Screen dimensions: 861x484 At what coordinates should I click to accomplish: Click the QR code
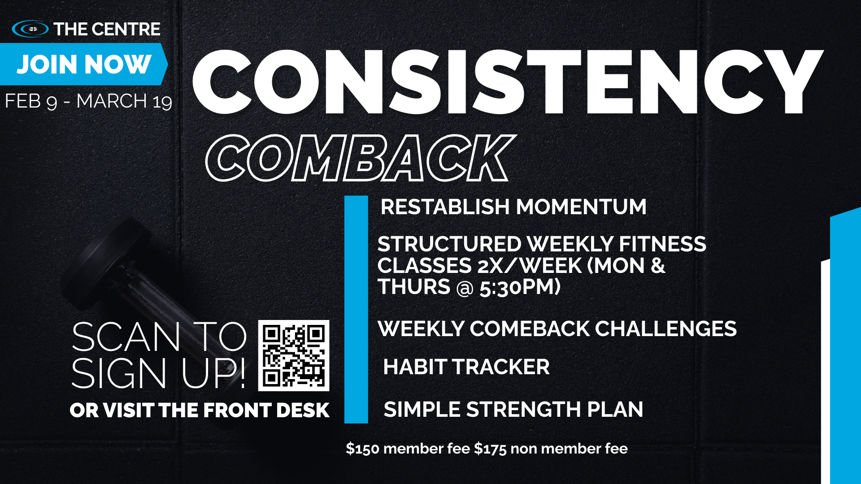pos(294,355)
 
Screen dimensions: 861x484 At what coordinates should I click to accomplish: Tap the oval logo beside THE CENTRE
pos(30,29)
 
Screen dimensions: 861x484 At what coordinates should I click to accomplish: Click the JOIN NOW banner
pos(83,64)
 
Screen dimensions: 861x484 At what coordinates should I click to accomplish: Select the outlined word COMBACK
pos(360,158)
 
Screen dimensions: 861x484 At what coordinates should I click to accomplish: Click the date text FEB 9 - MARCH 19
pos(88,101)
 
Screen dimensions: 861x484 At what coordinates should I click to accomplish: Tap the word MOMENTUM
pos(581,207)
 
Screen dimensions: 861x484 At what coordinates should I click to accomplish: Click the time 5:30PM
pos(520,287)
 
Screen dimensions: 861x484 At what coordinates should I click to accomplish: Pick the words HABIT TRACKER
pos(466,367)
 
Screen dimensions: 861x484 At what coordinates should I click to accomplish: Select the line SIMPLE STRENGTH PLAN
pos(513,410)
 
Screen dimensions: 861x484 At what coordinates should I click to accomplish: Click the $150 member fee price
pos(408,449)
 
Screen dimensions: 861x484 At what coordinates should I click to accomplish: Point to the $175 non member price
pos(551,449)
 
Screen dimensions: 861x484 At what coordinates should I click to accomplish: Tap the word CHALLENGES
pos(665,329)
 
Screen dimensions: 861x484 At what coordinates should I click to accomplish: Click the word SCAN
pos(126,337)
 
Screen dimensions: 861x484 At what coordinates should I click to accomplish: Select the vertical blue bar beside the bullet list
pos(356,309)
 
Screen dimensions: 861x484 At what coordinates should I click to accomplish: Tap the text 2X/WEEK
pos(530,266)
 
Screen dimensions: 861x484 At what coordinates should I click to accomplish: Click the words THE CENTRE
pos(107,29)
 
